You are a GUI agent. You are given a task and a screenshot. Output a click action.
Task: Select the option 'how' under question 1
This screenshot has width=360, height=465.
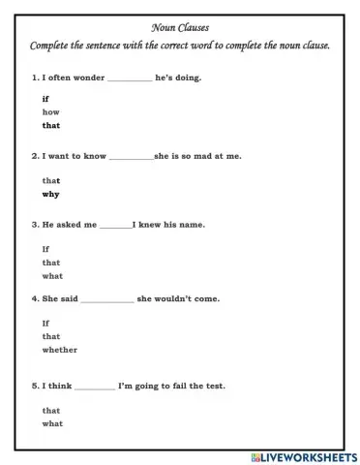pyautogui.click(x=50, y=112)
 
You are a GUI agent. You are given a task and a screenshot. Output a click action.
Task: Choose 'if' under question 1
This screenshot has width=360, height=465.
pyautogui.click(x=45, y=100)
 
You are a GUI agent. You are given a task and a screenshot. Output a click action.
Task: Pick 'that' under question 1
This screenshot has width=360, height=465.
pyautogui.click(x=51, y=125)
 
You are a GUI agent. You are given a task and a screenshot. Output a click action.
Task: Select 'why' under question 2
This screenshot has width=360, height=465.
pyautogui.click(x=50, y=194)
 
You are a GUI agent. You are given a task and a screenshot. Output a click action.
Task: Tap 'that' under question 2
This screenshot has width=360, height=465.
pyautogui.click(x=51, y=181)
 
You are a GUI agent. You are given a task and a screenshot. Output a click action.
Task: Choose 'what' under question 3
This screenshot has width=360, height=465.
pyautogui.click(x=52, y=276)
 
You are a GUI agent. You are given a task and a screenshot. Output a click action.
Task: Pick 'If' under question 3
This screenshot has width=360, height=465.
pyautogui.click(x=45, y=249)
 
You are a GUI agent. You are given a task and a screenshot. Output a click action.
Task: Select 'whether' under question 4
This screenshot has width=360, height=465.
pyautogui.click(x=59, y=350)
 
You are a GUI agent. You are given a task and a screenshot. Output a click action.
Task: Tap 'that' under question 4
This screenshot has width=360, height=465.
pyautogui.click(x=51, y=336)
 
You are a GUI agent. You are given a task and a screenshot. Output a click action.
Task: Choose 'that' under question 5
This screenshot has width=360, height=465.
pyautogui.click(x=51, y=411)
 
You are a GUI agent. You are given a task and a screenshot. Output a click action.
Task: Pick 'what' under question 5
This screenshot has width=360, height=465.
pyautogui.click(x=52, y=423)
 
